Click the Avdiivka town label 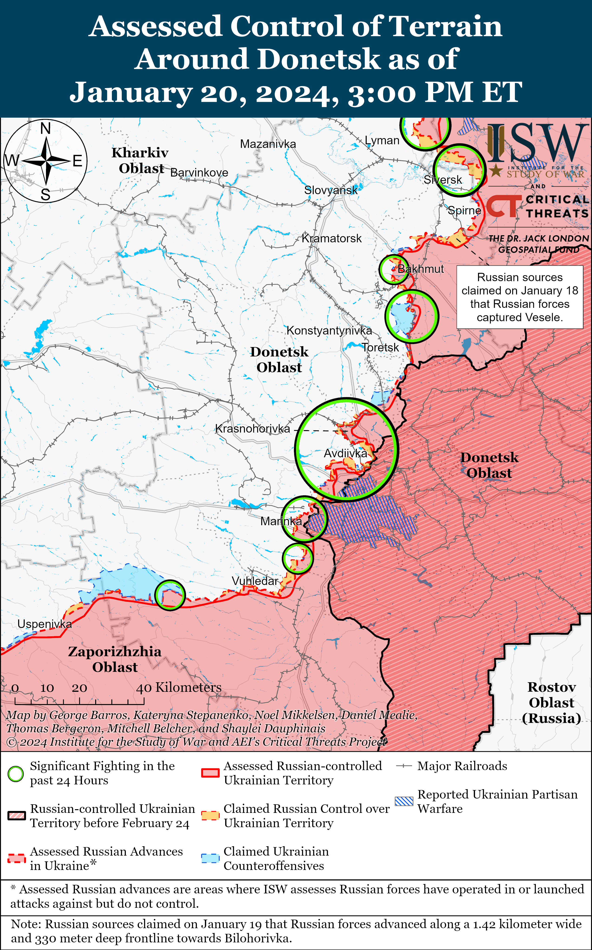tap(345, 454)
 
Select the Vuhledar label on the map tap(255, 581)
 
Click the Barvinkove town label tap(199, 173)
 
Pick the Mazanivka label tap(268, 144)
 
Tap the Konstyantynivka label tap(329, 331)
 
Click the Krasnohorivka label tap(253, 429)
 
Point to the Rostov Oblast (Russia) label tap(551, 702)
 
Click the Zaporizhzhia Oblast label tap(115, 659)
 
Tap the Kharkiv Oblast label tap(140, 160)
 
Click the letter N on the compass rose tap(46, 128)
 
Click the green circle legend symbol tap(16, 773)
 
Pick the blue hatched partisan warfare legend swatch tap(404, 801)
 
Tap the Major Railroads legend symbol tap(404, 766)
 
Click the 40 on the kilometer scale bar tap(144, 688)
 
